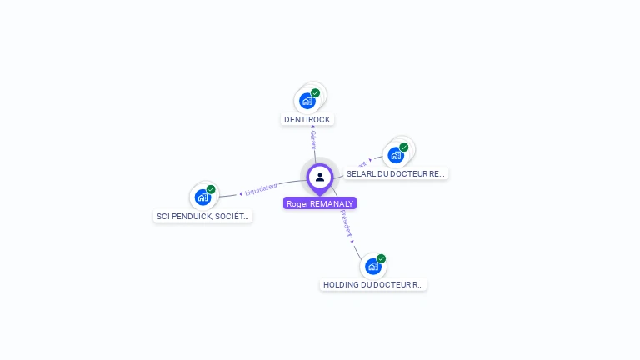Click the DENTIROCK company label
pyautogui.click(x=307, y=119)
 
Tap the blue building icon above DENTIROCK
pyautogui.click(x=307, y=101)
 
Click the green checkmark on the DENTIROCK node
pyautogui.click(x=316, y=93)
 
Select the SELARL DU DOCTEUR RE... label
pyautogui.click(x=396, y=173)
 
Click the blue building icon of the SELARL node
pyautogui.click(x=396, y=155)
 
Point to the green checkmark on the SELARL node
pyautogui.click(x=404, y=147)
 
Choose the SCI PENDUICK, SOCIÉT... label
pyautogui.click(x=202, y=216)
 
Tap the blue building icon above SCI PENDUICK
pyautogui.click(x=202, y=197)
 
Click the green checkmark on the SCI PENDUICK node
pyautogui.click(x=211, y=189)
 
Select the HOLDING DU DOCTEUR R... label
pyautogui.click(x=373, y=284)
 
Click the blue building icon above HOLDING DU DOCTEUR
pyautogui.click(x=373, y=267)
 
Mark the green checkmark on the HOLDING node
pyautogui.click(x=382, y=258)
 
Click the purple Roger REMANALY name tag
pyautogui.click(x=320, y=203)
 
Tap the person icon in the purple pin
pyautogui.click(x=320, y=177)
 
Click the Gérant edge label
pyautogui.click(x=312, y=138)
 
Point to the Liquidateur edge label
pyautogui.click(x=262, y=189)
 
